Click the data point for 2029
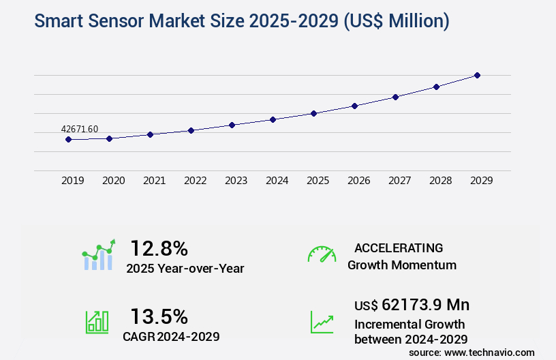coord(477,75)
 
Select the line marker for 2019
coord(68,139)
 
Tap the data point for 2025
coord(313,113)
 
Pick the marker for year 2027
coord(395,97)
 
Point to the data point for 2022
coord(191,130)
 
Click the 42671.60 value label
coord(80,129)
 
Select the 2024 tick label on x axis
coord(277,181)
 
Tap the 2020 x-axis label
coord(113,181)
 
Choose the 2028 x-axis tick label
coord(440,181)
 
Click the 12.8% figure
coord(159,248)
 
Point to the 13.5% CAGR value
coord(159,316)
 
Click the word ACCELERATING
coord(399,248)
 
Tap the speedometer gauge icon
coord(322,254)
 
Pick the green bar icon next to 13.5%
coord(97,322)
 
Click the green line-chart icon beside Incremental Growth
coord(322,322)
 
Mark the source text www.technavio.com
coord(491,352)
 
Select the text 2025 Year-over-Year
coord(185,269)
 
